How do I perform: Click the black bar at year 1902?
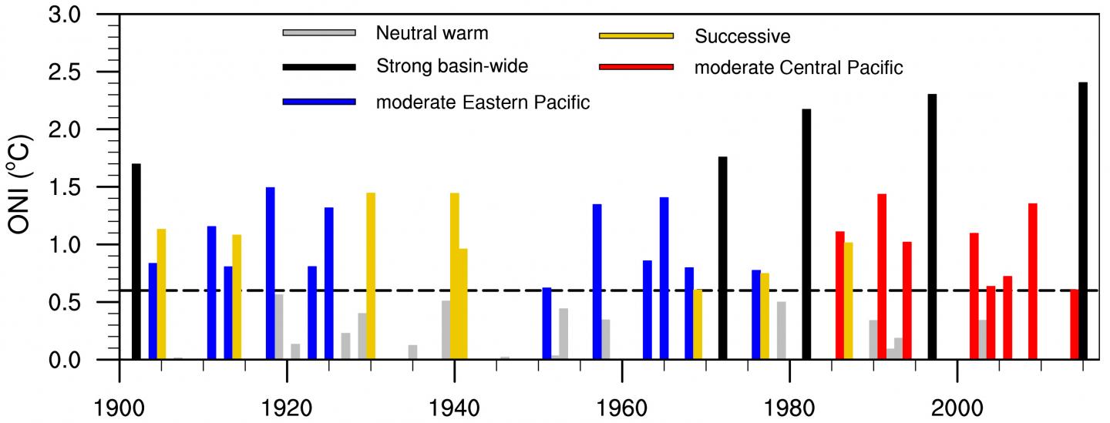[136, 261]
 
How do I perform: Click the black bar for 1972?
[722, 258]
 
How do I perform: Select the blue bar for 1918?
[271, 274]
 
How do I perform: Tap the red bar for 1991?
[882, 277]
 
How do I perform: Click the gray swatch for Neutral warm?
[319, 33]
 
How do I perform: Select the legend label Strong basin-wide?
[452, 67]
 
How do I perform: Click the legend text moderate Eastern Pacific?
[483, 102]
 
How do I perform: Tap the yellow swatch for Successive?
[636, 35]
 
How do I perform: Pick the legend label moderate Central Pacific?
[798, 67]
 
